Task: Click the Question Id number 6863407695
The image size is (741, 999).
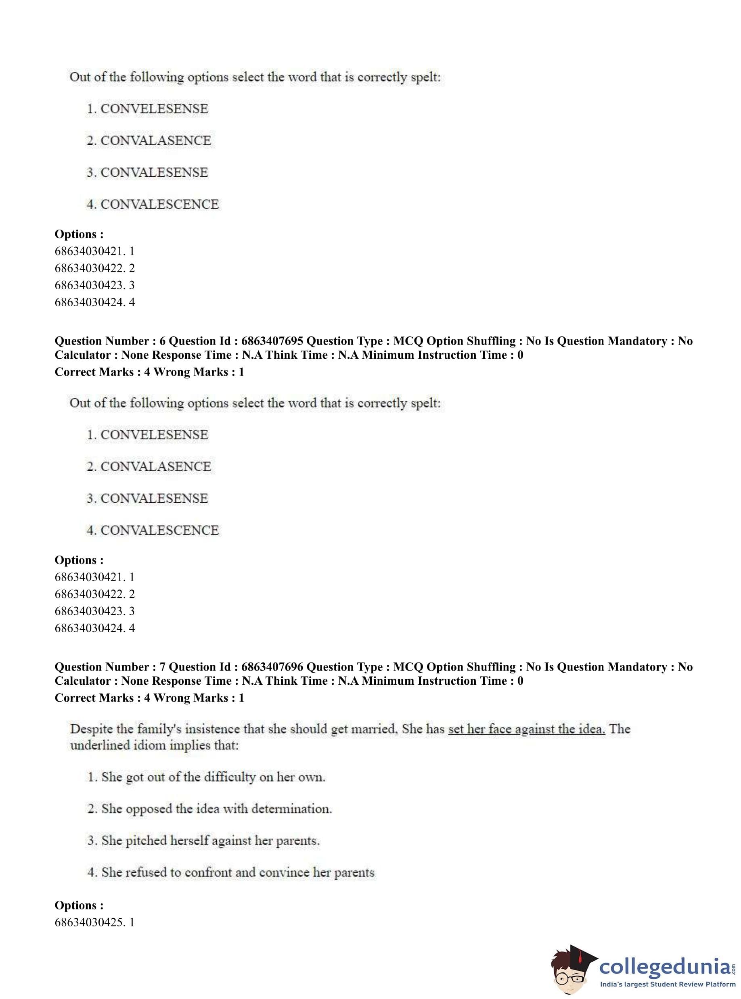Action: pos(272,341)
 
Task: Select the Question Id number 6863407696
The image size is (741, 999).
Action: pos(272,667)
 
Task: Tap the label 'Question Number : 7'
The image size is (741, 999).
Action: pos(110,667)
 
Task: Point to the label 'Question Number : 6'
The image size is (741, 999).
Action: pos(110,341)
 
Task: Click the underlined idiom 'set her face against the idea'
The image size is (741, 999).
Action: pos(527,729)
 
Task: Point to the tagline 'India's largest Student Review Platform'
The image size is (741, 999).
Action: pos(668,984)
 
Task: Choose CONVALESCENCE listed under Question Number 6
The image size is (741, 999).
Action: pos(159,531)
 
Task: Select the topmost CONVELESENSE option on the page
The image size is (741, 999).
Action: pos(154,109)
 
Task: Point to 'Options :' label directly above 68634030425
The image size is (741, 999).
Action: pos(79,905)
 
